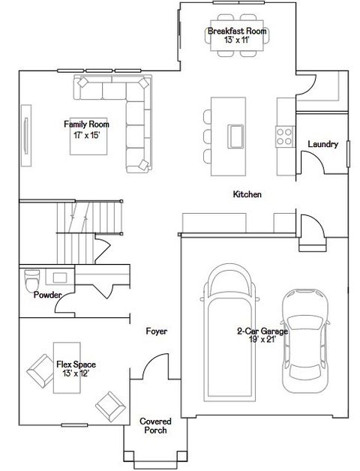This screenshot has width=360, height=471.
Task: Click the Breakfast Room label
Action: click(237, 31)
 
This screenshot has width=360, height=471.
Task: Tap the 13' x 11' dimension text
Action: click(237, 40)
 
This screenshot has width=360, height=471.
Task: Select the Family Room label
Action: click(86, 124)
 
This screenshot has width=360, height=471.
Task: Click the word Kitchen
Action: click(247, 194)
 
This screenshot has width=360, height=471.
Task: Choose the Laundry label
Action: click(322, 144)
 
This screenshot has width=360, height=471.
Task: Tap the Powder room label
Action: click(47, 295)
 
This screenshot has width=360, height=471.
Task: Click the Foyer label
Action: click(157, 331)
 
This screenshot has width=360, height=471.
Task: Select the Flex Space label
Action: click(76, 364)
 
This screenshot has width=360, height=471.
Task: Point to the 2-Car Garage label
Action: click(262, 331)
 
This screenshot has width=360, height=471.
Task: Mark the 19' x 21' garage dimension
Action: click(262, 340)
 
